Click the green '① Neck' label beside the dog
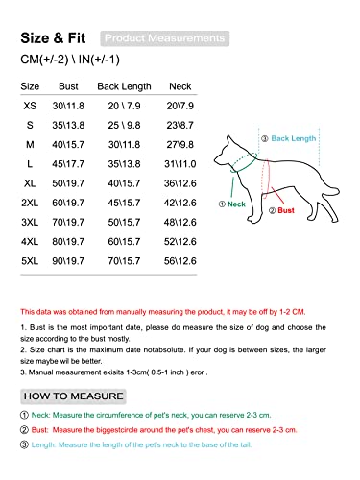pos(232,204)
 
